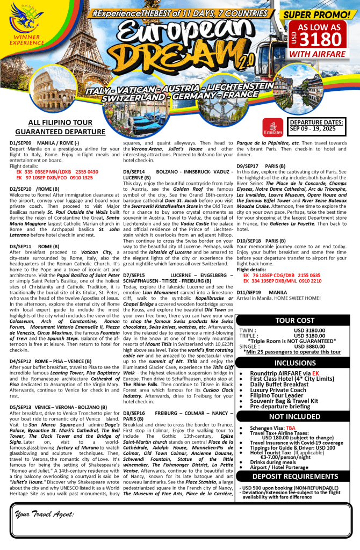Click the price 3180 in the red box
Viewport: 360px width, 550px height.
pos(320,39)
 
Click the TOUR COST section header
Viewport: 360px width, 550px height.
pos(295,321)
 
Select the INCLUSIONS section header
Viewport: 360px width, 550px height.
pos(295,363)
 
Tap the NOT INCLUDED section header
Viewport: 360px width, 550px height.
pos(295,416)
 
